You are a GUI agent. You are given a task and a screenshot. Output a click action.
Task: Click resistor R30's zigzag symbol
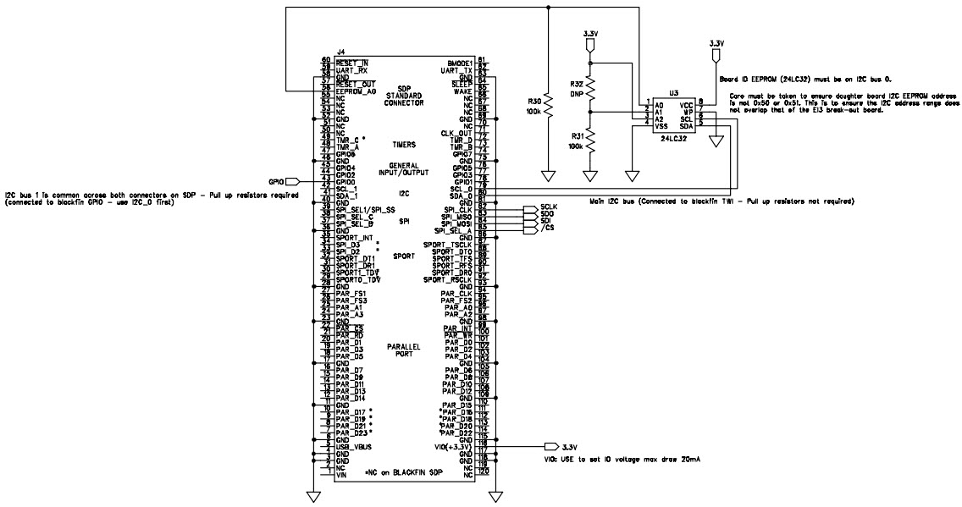548,104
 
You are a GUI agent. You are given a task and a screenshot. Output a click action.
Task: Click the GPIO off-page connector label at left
276,180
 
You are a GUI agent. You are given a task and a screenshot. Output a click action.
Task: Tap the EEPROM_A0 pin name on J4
355,91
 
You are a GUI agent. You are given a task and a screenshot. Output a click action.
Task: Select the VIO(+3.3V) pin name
451,446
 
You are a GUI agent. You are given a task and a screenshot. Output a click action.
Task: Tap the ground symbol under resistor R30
548,175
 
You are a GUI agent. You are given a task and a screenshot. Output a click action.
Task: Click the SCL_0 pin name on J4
461,189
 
